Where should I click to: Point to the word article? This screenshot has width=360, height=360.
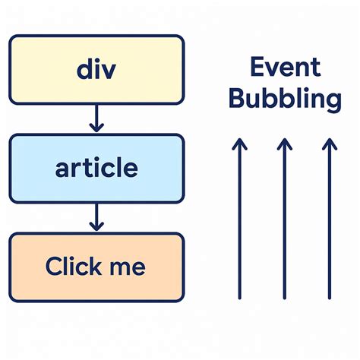point(96,167)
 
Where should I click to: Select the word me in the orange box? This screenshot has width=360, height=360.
point(126,267)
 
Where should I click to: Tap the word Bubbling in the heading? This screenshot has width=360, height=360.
point(285,99)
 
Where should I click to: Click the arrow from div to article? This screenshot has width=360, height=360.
point(96,117)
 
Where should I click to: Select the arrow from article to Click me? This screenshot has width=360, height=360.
point(96,216)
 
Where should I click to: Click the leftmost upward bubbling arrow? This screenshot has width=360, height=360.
point(238,220)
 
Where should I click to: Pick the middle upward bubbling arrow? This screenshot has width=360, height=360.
point(283,220)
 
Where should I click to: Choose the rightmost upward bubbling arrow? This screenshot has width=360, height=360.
point(328,220)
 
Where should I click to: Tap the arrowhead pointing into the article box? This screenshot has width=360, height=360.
point(96,128)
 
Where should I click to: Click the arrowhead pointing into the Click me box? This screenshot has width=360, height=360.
point(96,226)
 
